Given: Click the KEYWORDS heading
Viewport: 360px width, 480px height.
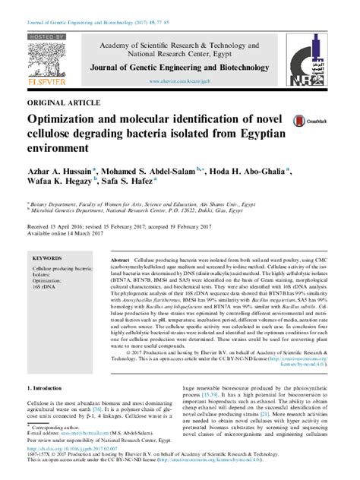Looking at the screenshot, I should point(49,258).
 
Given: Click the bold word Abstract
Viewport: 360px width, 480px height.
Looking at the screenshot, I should point(122,259).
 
